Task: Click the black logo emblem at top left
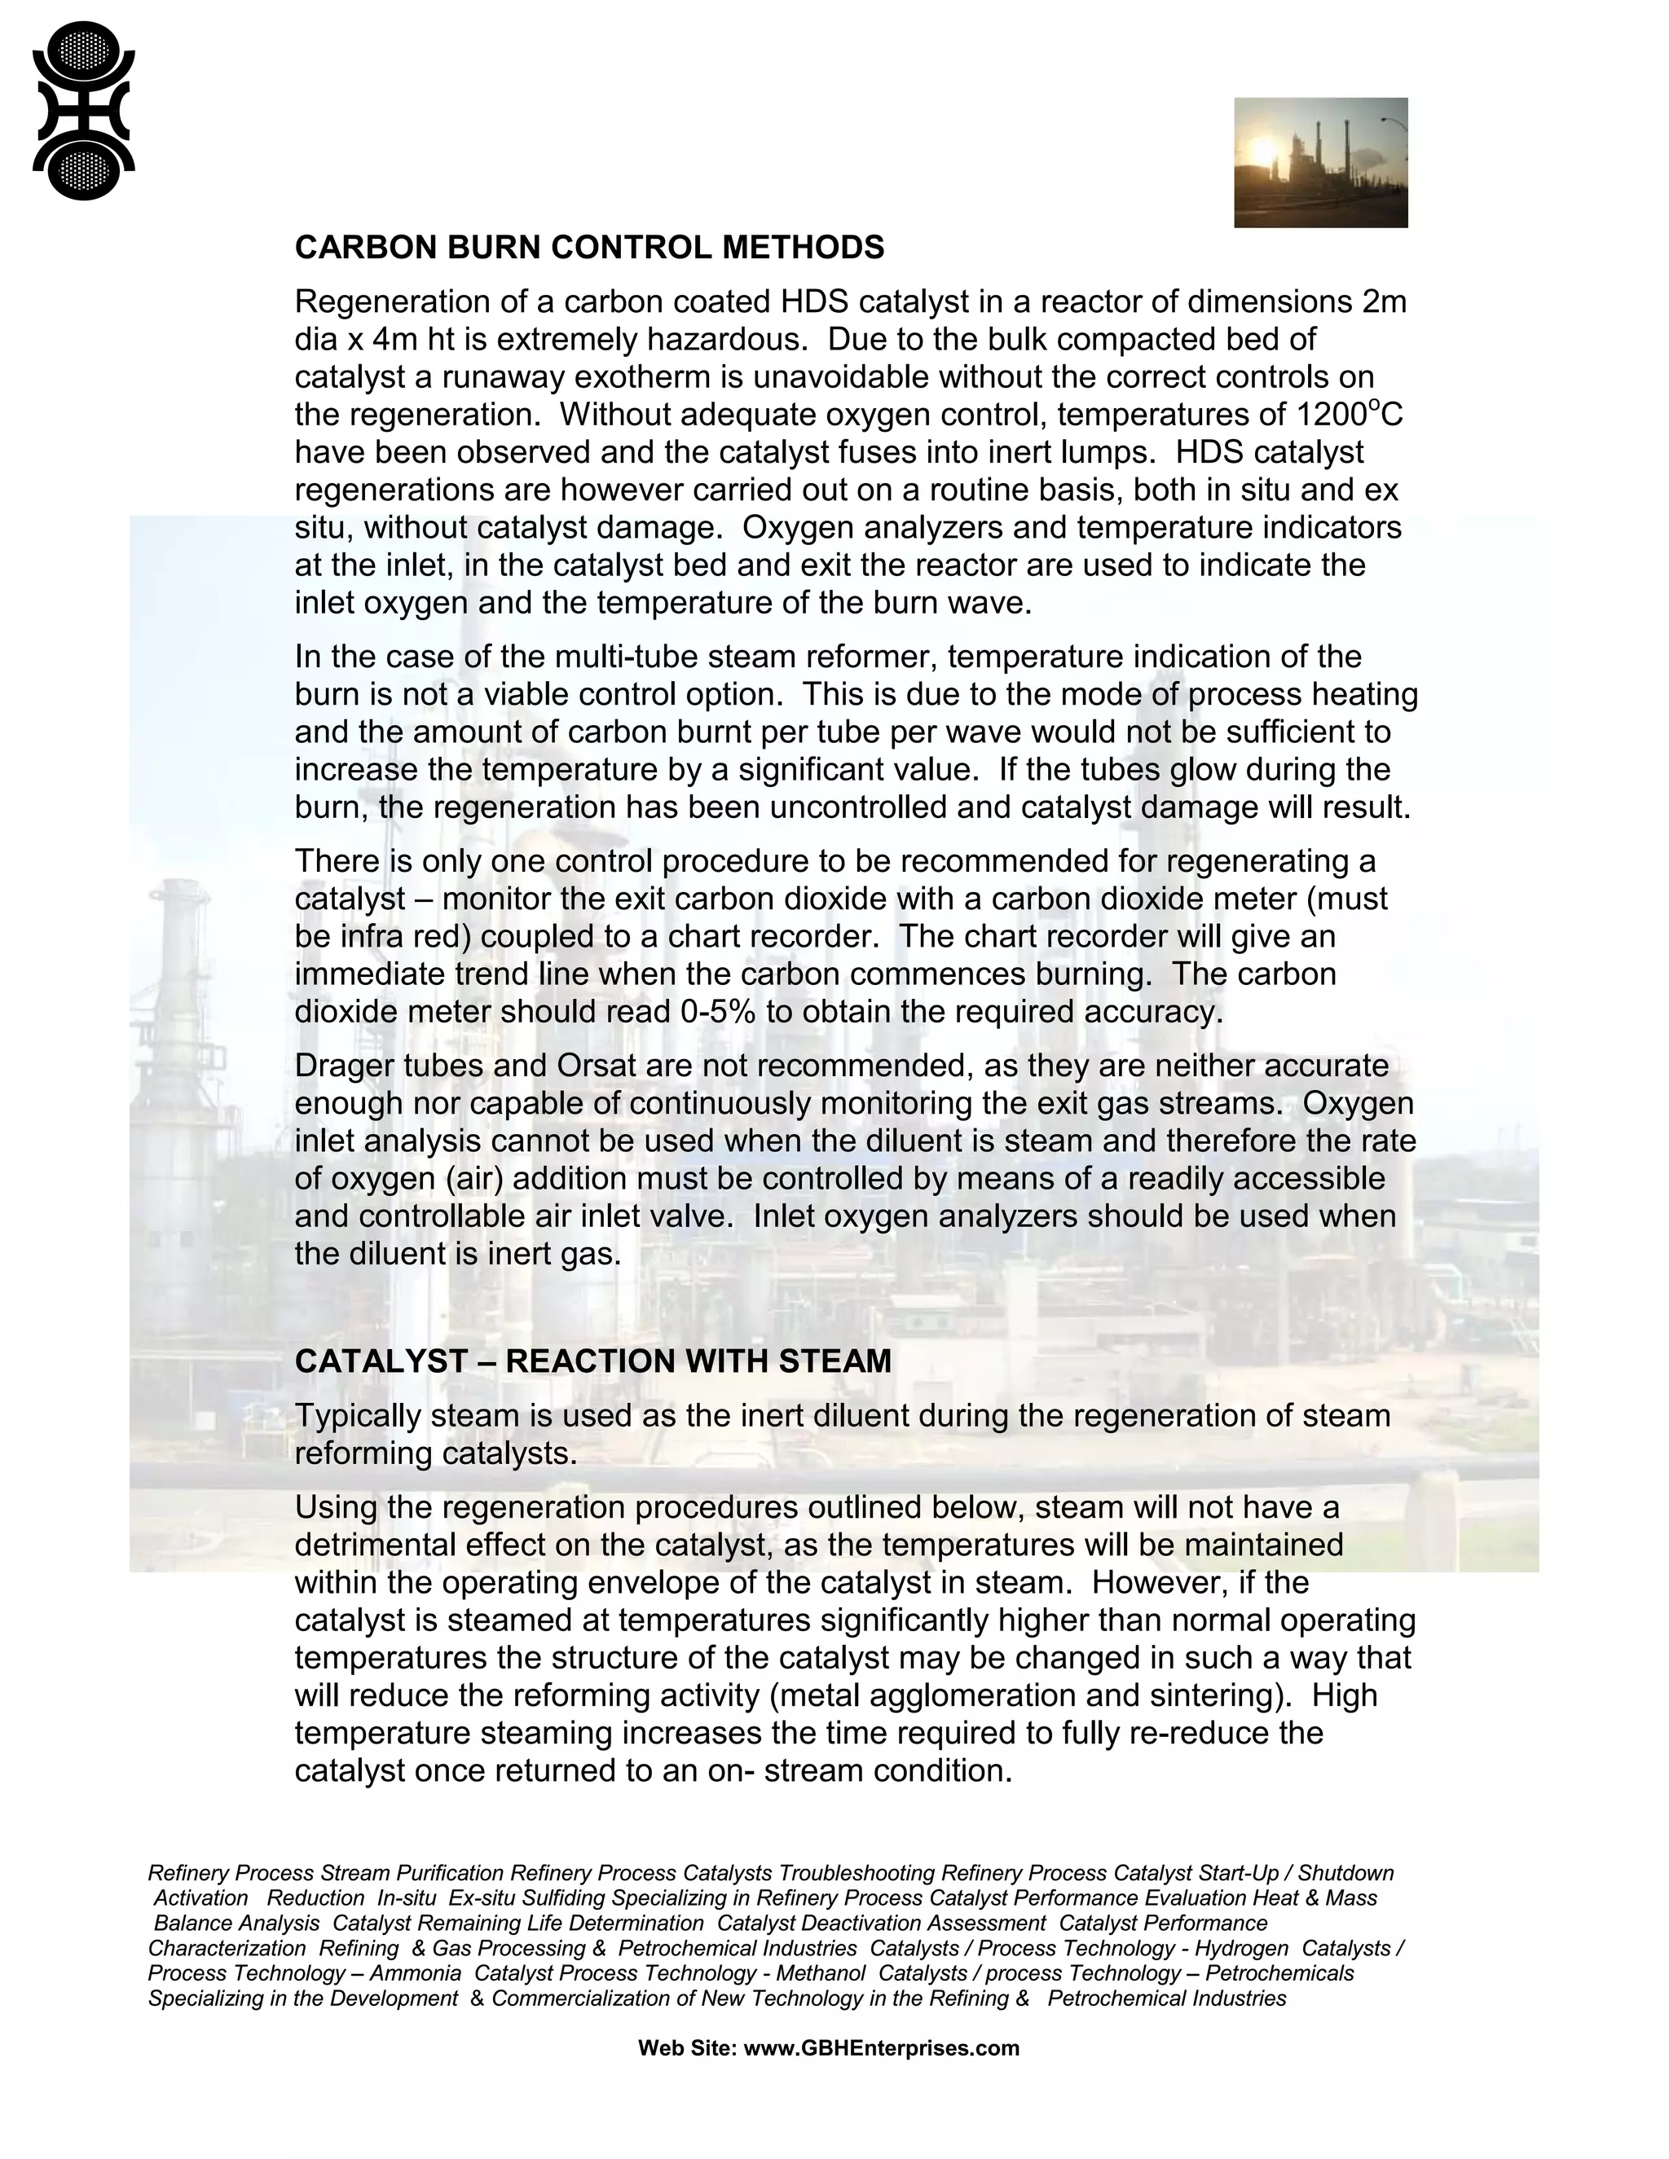click(83, 111)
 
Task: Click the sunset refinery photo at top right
click(1320, 162)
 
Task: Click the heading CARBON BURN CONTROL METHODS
click(589, 247)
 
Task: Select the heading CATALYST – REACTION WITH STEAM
click(592, 1361)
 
